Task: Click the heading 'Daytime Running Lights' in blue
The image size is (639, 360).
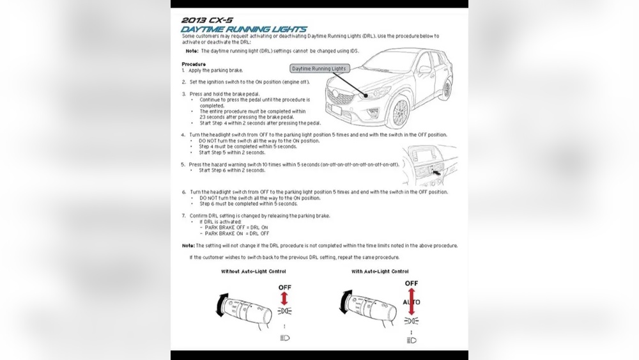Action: click(244, 29)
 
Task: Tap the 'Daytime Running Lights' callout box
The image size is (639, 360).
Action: click(319, 68)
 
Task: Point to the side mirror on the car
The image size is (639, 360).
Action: click(424, 69)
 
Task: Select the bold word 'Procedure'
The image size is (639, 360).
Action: click(194, 64)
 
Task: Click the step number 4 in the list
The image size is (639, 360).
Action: click(183, 135)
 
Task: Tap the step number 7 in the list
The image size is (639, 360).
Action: click(183, 216)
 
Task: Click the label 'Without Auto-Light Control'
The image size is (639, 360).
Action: click(253, 272)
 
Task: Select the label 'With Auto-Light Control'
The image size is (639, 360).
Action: click(380, 272)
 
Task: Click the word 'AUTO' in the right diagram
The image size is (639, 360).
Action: click(412, 301)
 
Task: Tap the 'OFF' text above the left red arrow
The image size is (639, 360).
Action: click(284, 288)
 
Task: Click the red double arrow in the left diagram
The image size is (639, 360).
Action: click(284, 298)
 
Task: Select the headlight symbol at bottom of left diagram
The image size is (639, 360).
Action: click(284, 338)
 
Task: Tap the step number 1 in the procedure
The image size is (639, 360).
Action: click(183, 70)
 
